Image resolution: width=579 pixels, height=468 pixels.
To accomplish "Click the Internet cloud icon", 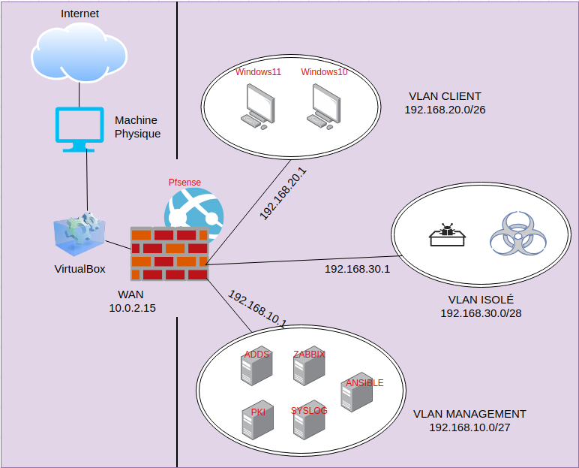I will coord(79,53).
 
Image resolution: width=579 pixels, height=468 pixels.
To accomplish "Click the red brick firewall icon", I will coord(169,253).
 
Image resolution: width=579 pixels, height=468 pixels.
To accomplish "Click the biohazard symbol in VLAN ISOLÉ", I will coord(515,231).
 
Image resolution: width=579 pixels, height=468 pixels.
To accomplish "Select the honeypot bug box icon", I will coord(448,235).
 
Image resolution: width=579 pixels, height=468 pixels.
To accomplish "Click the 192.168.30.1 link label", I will coord(357,269).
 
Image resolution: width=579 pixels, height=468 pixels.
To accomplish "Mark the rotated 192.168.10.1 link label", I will coord(257,308).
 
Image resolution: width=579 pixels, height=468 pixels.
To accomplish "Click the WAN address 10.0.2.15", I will coord(132,307).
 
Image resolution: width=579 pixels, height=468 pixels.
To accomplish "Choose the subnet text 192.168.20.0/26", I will coord(445,109).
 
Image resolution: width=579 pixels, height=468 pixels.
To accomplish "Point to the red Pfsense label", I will coord(184,183).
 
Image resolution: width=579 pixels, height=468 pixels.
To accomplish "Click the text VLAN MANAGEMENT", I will coord(469,414).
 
